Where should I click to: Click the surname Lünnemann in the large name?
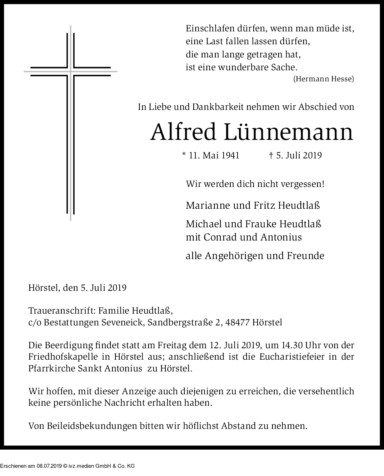pos(289,132)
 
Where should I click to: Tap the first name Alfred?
pos(183,132)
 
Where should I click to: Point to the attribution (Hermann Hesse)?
pos(323,79)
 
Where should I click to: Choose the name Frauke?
pos(261,224)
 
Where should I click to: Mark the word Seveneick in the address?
pos(126,323)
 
